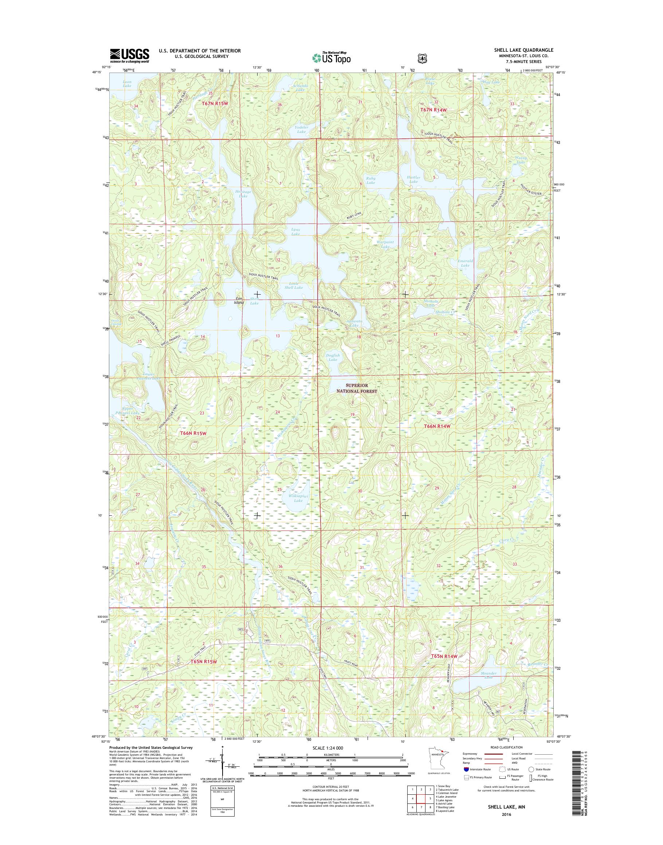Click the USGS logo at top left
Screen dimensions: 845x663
[x=129, y=55]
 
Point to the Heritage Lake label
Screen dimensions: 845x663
[x=243, y=194]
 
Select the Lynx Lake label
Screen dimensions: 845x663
[x=295, y=232]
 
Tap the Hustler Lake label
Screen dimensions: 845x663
[x=413, y=179]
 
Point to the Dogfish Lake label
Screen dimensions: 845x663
[x=333, y=357]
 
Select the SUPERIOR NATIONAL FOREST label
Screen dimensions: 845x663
[x=357, y=389]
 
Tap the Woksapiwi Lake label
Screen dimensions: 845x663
[x=298, y=498]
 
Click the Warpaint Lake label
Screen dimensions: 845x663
[x=385, y=244]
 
